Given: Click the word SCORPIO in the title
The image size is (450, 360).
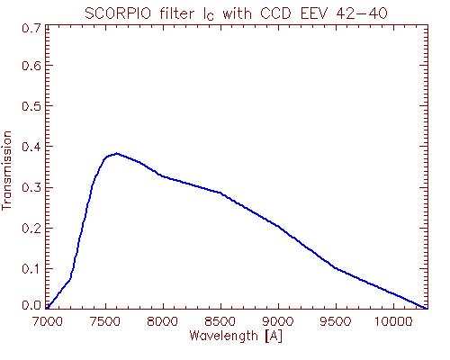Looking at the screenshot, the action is (x=118, y=13).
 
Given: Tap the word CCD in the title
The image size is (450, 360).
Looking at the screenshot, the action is (x=275, y=13).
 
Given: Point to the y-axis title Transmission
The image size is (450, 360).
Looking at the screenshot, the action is (x=6, y=170).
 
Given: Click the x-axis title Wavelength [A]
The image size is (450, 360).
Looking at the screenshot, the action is (x=236, y=336).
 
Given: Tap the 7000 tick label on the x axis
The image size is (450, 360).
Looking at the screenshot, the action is (x=48, y=321).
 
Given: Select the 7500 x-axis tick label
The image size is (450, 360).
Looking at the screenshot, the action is (x=105, y=321).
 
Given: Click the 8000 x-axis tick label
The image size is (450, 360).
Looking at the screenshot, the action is (x=163, y=321).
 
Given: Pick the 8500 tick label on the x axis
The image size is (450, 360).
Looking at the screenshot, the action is (x=220, y=321).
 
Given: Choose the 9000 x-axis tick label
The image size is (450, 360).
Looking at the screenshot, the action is (x=278, y=321).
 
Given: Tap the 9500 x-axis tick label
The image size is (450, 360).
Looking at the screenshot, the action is (x=336, y=321).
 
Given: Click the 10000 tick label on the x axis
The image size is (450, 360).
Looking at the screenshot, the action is (x=393, y=321).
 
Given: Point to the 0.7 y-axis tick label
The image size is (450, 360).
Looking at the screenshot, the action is (x=31, y=29).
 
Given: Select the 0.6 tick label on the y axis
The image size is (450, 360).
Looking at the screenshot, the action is (x=31, y=65).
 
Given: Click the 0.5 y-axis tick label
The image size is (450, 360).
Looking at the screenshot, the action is (x=31, y=106).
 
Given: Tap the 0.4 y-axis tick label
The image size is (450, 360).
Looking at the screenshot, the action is (x=31, y=147).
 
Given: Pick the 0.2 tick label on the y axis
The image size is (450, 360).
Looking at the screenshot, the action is (x=31, y=229).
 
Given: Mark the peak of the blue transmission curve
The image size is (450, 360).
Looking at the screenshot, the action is (x=117, y=154).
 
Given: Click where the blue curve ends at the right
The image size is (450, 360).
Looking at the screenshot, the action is (x=427, y=308).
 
